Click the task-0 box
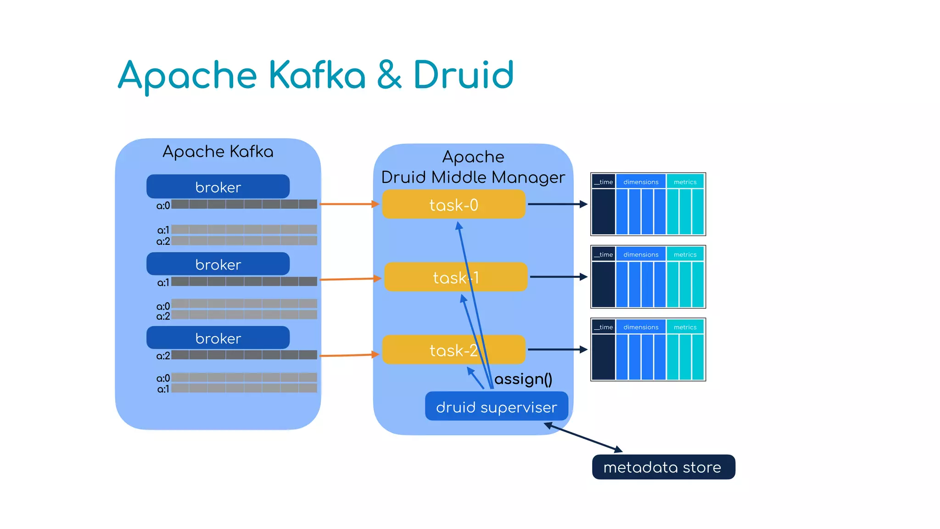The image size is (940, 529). click(x=453, y=204)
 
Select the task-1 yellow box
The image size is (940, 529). click(x=455, y=277)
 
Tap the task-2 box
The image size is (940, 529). click(x=453, y=350)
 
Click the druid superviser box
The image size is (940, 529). click(x=496, y=406)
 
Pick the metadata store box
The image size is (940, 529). click(x=663, y=467)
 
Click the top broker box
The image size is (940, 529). click(x=218, y=187)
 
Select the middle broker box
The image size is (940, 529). click(x=218, y=264)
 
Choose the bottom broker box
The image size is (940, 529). click(x=218, y=338)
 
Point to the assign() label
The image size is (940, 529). click(x=523, y=379)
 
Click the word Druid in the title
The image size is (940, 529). click(x=463, y=75)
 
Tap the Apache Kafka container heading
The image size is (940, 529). click(x=218, y=152)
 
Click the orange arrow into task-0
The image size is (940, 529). click(x=349, y=203)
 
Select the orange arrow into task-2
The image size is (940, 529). click(x=349, y=355)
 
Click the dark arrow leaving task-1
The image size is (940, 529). click(x=558, y=277)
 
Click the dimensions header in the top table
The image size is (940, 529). click(x=641, y=182)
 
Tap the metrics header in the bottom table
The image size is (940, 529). click(x=685, y=327)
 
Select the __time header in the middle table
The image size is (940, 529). click(x=604, y=254)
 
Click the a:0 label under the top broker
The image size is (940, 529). click(x=163, y=205)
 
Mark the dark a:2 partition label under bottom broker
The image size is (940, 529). click(x=163, y=356)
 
